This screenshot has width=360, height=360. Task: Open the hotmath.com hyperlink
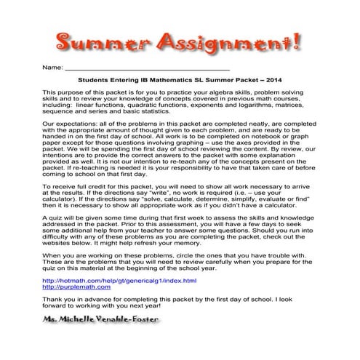click(x=120, y=280)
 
